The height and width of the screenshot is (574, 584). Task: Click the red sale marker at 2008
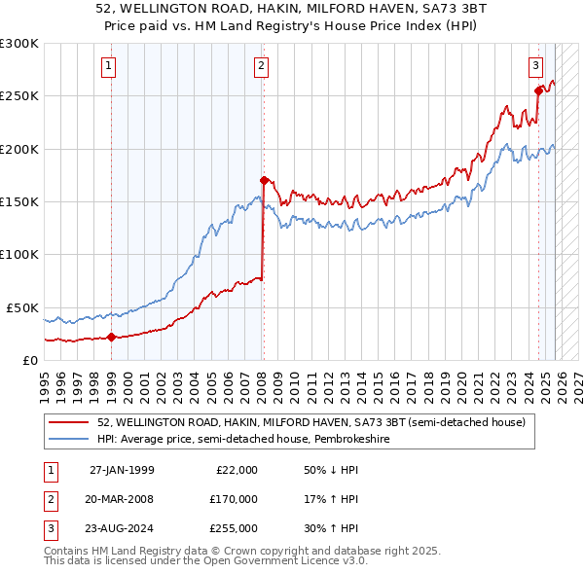[x=263, y=180]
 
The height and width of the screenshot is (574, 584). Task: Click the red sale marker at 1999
[x=111, y=338]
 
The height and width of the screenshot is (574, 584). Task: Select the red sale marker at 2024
[x=537, y=90]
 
